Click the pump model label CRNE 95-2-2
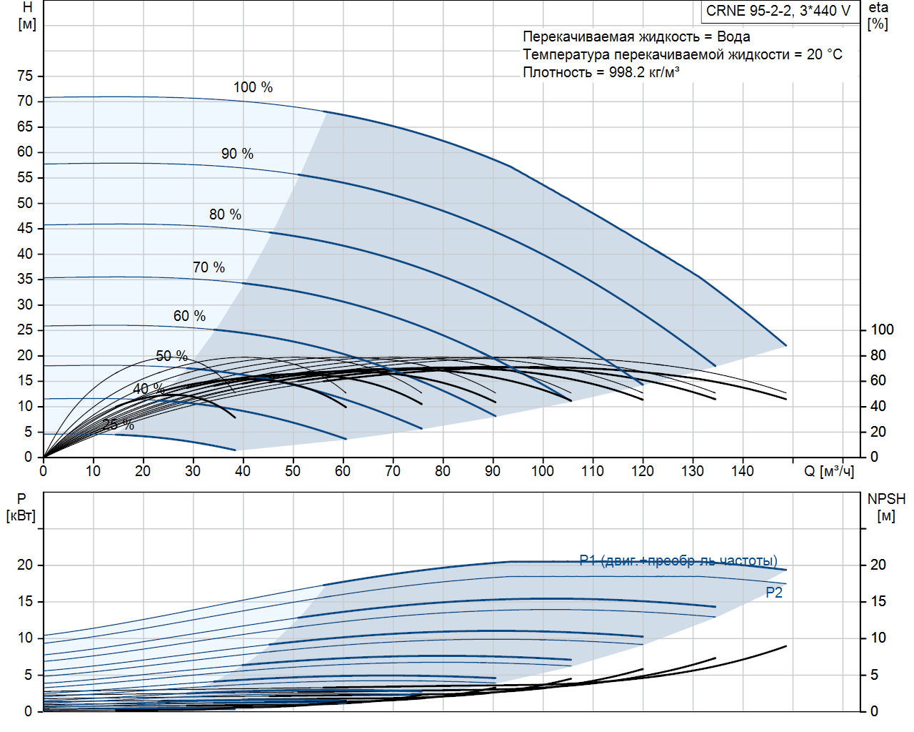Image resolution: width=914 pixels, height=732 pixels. click(x=778, y=11)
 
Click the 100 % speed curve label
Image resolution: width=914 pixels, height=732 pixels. click(x=253, y=87)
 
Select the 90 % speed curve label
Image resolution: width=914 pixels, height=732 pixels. click(x=237, y=154)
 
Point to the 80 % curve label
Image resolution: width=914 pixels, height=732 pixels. click(x=225, y=214)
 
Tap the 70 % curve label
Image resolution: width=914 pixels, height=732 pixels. click(x=209, y=267)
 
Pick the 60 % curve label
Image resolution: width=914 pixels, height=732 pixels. click(x=189, y=316)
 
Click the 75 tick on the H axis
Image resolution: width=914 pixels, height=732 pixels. click(x=25, y=76)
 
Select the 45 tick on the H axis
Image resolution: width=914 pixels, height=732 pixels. click(x=25, y=228)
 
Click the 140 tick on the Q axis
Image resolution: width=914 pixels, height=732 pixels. click(x=743, y=471)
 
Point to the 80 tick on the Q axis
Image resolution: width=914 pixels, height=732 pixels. click(x=443, y=471)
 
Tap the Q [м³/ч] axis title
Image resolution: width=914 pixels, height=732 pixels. click(x=829, y=471)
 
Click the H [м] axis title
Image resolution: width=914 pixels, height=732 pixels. click(x=27, y=16)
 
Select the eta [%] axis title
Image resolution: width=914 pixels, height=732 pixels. click(x=878, y=16)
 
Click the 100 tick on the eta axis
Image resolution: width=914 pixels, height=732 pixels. click(x=882, y=330)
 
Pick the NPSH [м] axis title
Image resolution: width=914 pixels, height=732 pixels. click(x=886, y=507)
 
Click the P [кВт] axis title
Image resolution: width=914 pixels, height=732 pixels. click(x=21, y=507)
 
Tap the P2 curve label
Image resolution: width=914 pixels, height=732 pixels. click(x=774, y=593)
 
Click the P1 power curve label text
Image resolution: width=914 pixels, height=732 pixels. click(x=678, y=560)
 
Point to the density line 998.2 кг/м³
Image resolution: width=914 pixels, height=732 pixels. click(x=601, y=72)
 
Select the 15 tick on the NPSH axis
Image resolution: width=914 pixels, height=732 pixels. click(x=878, y=601)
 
